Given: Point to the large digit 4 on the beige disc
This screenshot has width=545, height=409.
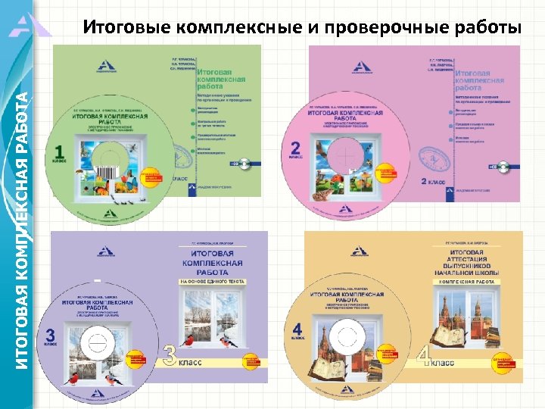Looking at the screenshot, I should tap(297, 331).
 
